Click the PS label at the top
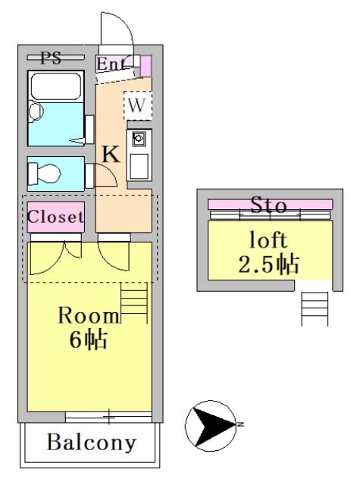[51, 57]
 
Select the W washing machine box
[136, 105]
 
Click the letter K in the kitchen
[111, 155]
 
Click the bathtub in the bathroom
[54, 86]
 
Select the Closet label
[55, 216]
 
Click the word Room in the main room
[89, 316]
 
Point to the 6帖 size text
[88, 339]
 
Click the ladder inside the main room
[134, 300]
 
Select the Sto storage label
[268, 205]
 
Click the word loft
[269, 241]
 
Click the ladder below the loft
[314, 307]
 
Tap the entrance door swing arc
[116, 30]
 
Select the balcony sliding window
[108, 416]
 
